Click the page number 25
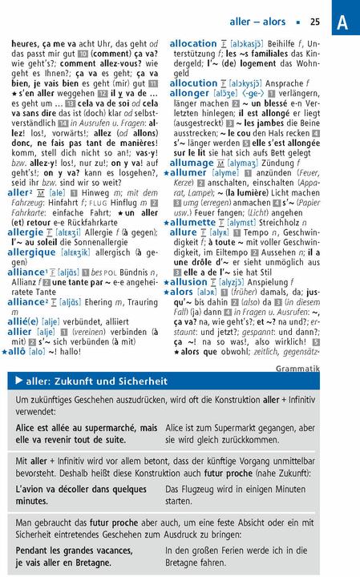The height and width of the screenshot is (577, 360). coord(314,22)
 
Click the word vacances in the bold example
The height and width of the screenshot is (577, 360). coord(77,551)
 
